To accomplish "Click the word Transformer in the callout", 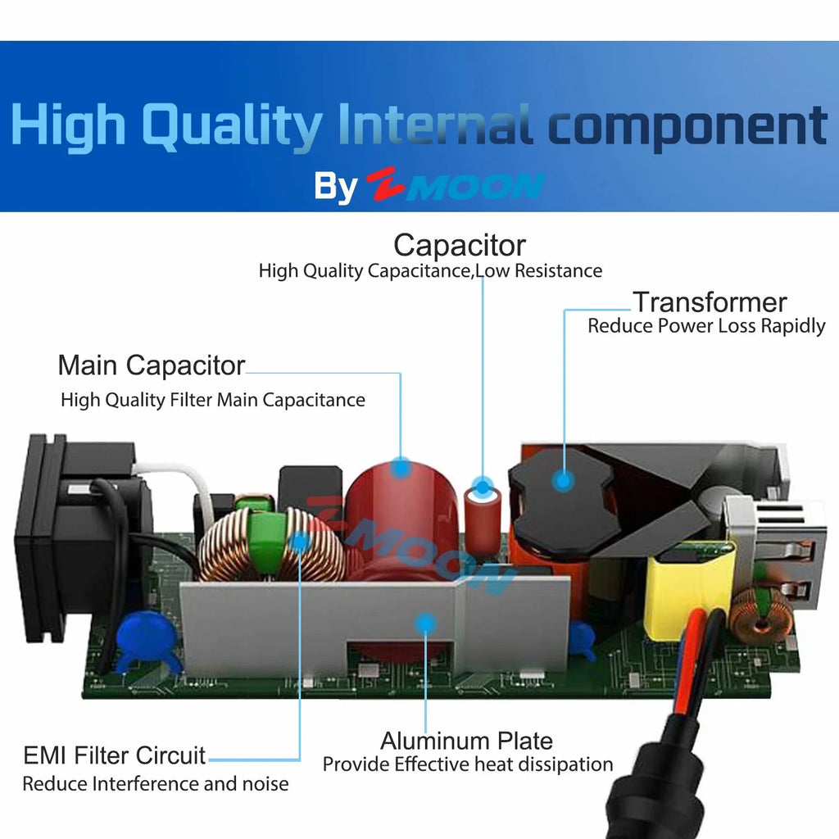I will point(710,302).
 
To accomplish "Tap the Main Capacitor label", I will point(152,365).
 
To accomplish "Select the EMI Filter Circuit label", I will point(115,755).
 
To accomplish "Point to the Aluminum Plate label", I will point(466,741).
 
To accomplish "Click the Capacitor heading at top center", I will point(459,245).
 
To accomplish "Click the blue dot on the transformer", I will point(562,479).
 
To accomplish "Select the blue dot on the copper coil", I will point(301,541).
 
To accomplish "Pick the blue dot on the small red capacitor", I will point(483,491).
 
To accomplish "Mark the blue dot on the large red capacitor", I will point(401,468).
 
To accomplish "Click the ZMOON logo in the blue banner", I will point(455,186).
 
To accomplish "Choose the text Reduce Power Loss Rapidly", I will point(706,326).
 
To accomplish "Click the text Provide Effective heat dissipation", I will point(467,764).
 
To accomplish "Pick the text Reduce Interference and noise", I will point(156,783).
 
